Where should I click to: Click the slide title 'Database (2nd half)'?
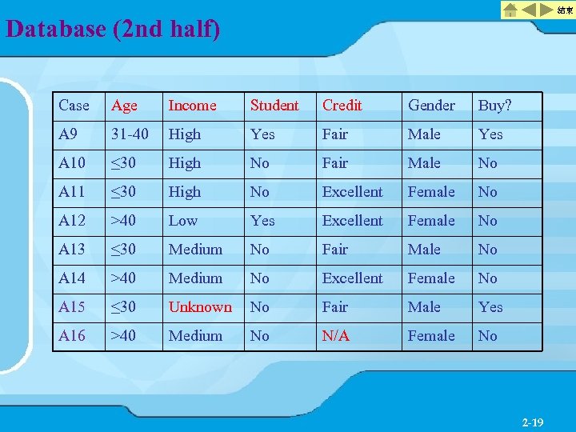click(113, 30)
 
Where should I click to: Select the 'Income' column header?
click(192, 106)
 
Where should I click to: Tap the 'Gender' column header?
click(431, 106)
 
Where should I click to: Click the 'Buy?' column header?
click(494, 106)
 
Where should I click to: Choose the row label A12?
click(71, 221)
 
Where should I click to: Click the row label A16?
click(71, 336)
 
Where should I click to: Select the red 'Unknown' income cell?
click(200, 307)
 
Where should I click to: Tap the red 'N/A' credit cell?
click(336, 336)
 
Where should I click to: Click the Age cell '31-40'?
click(130, 134)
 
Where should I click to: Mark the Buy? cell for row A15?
click(490, 307)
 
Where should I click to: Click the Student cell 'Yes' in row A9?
click(262, 134)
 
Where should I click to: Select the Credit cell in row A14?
click(352, 278)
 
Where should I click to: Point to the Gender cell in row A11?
click(431, 192)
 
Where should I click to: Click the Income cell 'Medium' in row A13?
click(195, 250)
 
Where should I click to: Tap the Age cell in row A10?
click(124, 163)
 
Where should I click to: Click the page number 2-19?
click(532, 422)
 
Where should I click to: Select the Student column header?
click(274, 106)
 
